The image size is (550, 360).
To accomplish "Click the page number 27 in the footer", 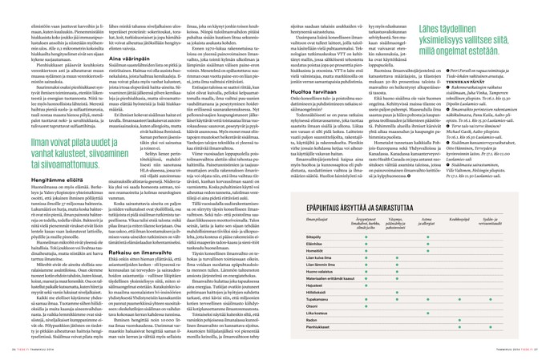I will [x=542, y=355].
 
